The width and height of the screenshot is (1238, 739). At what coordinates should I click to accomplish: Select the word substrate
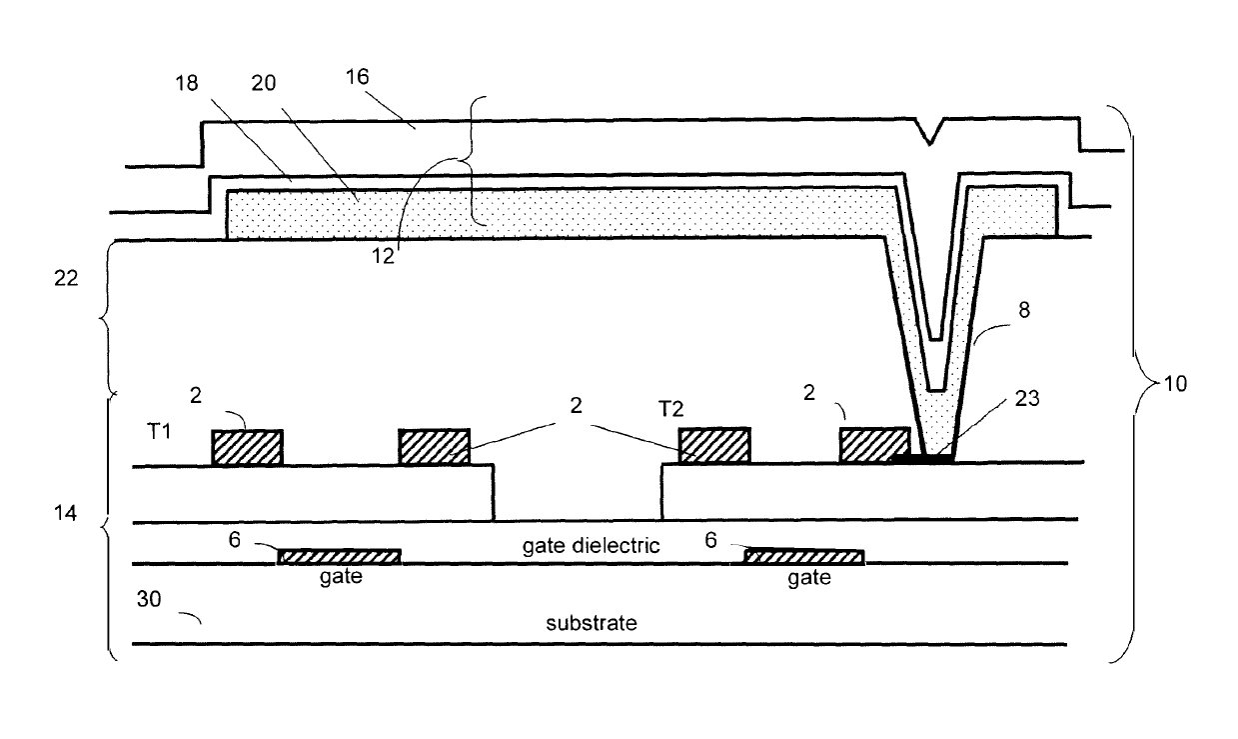click(x=592, y=623)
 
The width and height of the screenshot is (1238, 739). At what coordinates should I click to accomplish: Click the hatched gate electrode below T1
click(x=339, y=556)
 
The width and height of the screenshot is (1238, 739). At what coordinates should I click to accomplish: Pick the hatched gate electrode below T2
click(x=804, y=556)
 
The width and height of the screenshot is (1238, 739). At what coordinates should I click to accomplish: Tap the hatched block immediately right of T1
click(x=247, y=447)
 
